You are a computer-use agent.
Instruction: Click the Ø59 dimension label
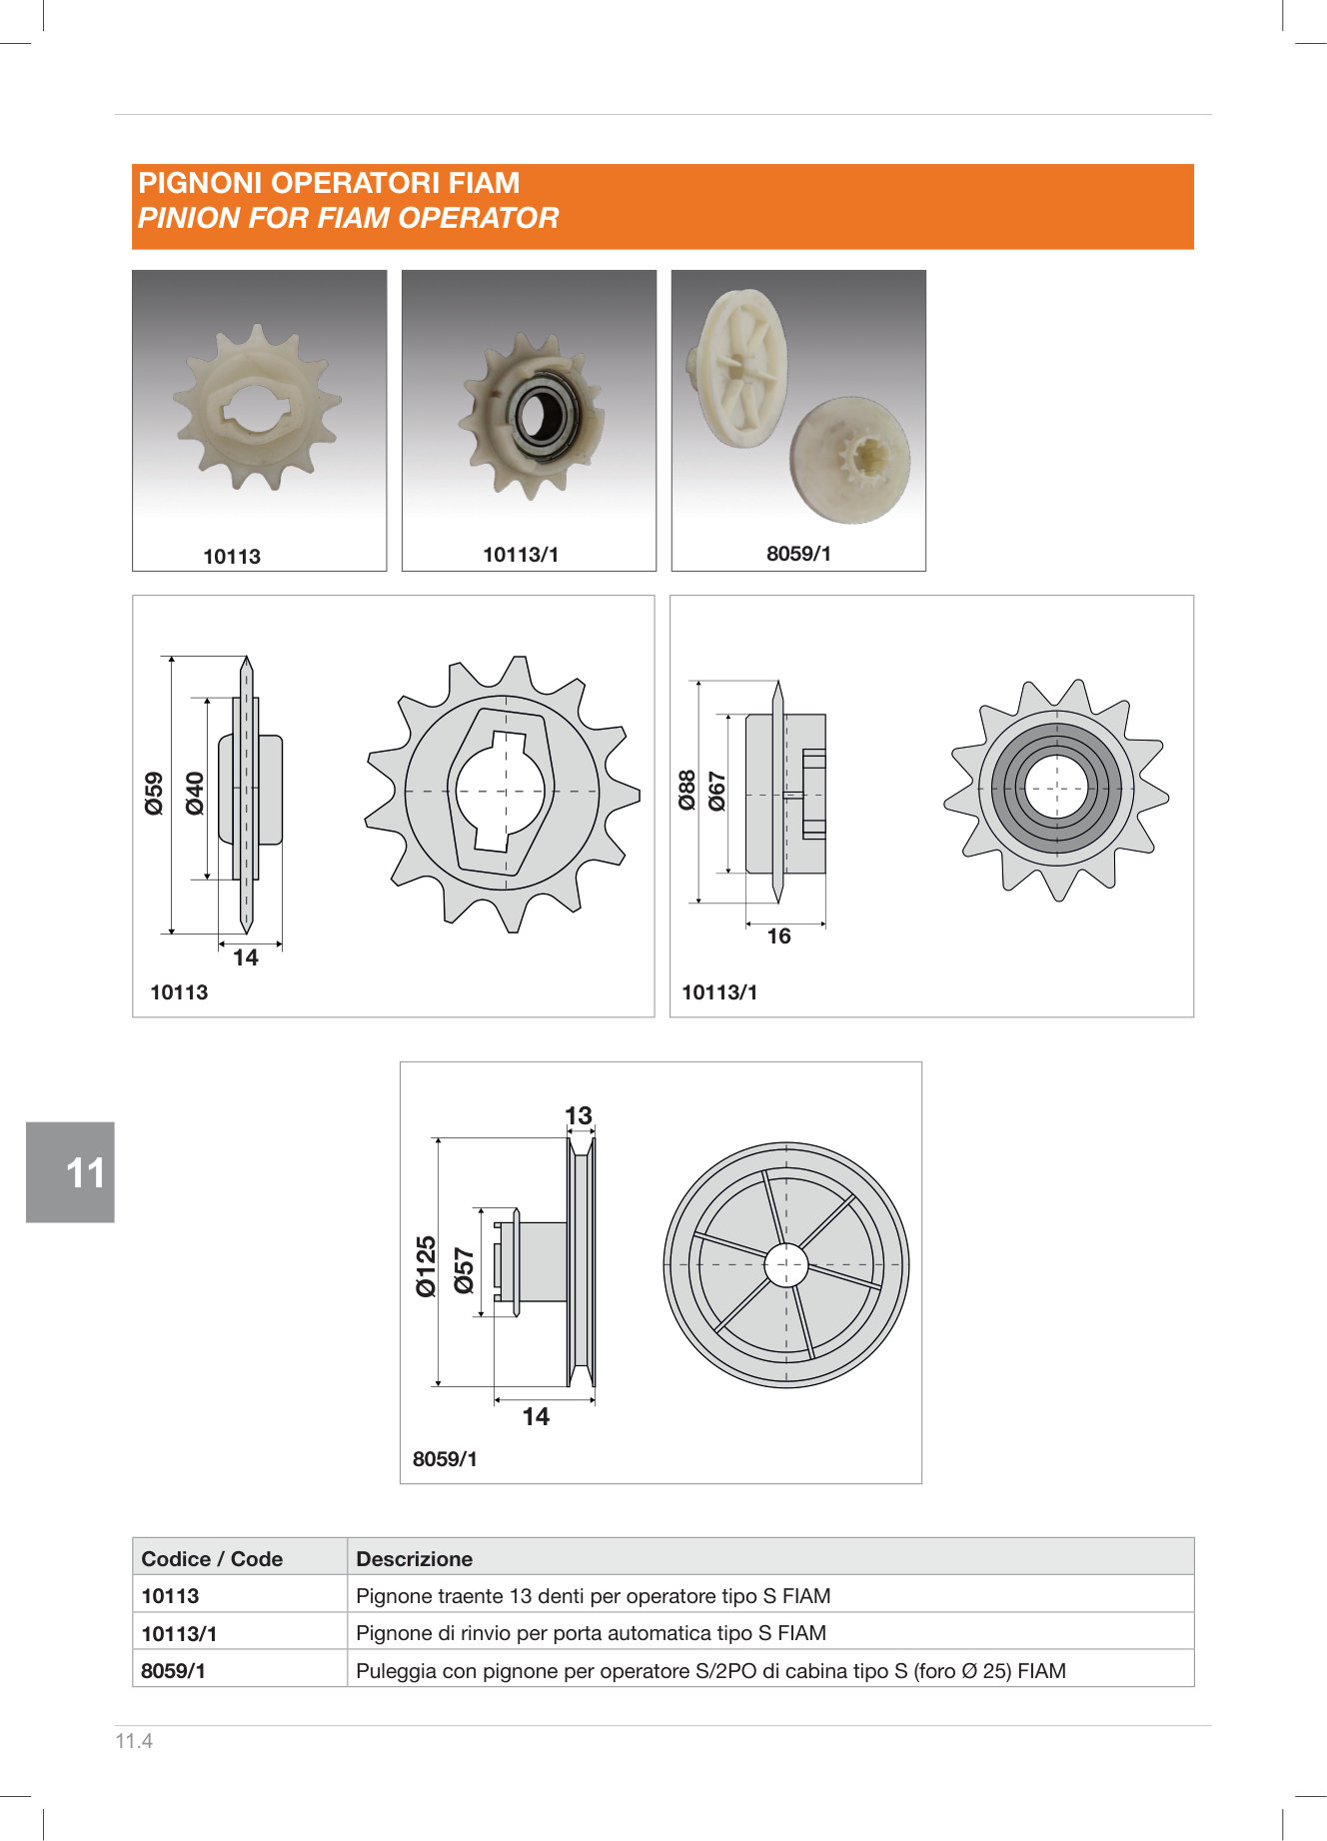tap(154, 794)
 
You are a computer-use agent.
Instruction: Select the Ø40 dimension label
tap(195, 794)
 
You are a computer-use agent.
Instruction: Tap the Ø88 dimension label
tap(686, 791)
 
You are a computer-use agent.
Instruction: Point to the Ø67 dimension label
tap(717, 791)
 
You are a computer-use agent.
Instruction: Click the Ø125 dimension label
tap(427, 1266)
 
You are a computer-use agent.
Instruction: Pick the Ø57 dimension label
tap(465, 1270)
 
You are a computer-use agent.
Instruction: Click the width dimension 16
tap(778, 936)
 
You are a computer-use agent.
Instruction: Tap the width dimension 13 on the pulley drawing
tap(579, 1115)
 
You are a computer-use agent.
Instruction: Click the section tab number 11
tap(85, 1172)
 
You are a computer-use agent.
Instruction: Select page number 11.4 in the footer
tap(134, 1741)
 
